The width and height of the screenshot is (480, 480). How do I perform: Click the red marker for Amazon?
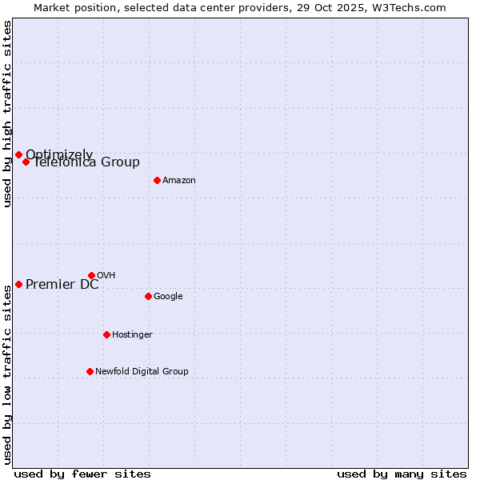[x=157, y=180]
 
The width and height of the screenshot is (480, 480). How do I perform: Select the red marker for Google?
[x=148, y=296]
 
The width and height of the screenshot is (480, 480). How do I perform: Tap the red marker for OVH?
[x=91, y=275]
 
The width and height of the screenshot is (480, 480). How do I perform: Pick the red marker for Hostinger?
[x=106, y=334]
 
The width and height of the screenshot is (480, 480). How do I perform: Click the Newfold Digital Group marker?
[x=90, y=371]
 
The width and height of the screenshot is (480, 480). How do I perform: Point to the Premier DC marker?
[x=18, y=284]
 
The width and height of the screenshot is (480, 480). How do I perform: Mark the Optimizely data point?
[x=18, y=154]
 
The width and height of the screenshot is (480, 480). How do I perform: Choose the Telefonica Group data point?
[x=26, y=162]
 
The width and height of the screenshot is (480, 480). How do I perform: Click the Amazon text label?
[x=179, y=181]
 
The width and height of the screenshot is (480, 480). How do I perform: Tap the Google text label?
[x=168, y=297]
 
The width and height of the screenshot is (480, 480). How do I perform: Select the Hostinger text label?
[x=132, y=335]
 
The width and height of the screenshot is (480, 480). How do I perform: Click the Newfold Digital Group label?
[x=142, y=372]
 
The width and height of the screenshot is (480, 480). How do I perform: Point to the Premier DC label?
[x=62, y=285]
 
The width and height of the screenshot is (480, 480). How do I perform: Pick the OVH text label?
[x=106, y=276]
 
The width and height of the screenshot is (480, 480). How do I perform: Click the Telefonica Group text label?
[x=86, y=163]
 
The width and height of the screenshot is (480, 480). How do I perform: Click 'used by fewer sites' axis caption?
[x=82, y=474]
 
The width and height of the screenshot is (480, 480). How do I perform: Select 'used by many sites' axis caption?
[x=402, y=474]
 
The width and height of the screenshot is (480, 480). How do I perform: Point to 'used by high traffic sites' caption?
[x=7, y=114]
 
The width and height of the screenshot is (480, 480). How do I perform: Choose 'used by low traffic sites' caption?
[x=7, y=374]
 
